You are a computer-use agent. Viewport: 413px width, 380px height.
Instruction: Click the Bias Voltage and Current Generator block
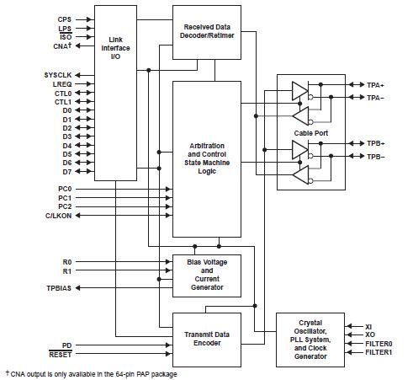pyautogui.click(x=208, y=275)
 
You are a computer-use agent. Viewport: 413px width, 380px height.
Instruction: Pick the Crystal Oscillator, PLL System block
pyautogui.click(x=310, y=340)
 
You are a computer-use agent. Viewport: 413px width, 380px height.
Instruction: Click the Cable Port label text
pyautogui.click(x=310, y=132)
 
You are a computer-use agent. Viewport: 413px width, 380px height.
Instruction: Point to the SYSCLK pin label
pyautogui.click(x=58, y=75)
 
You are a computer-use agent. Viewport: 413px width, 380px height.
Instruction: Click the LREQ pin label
pyautogui.click(x=62, y=85)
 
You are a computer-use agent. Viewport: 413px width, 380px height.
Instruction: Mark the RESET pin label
pyautogui.click(x=61, y=356)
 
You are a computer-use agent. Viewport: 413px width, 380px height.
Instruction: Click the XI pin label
pyautogui.click(x=368, y=325)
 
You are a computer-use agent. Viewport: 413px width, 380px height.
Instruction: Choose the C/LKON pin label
pyautogui.click(x=58, y=216)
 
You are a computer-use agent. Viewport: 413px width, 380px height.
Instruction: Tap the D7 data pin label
pyautogui.click(x=66, y=172)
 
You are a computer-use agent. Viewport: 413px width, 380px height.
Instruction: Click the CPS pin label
pyautogui.click(x=65, y=19)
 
